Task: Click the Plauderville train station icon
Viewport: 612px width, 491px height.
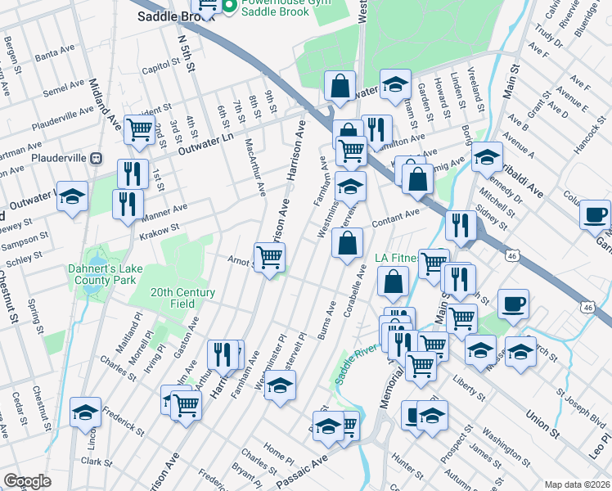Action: click(x=96, y=157)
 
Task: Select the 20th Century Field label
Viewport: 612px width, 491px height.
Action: click(x=182, y=298)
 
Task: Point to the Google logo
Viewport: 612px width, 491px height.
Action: click(x=27, y=481)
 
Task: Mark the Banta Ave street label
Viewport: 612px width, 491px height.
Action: click(x=55, y=53)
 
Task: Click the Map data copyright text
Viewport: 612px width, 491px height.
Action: click(x=577, y=484)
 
